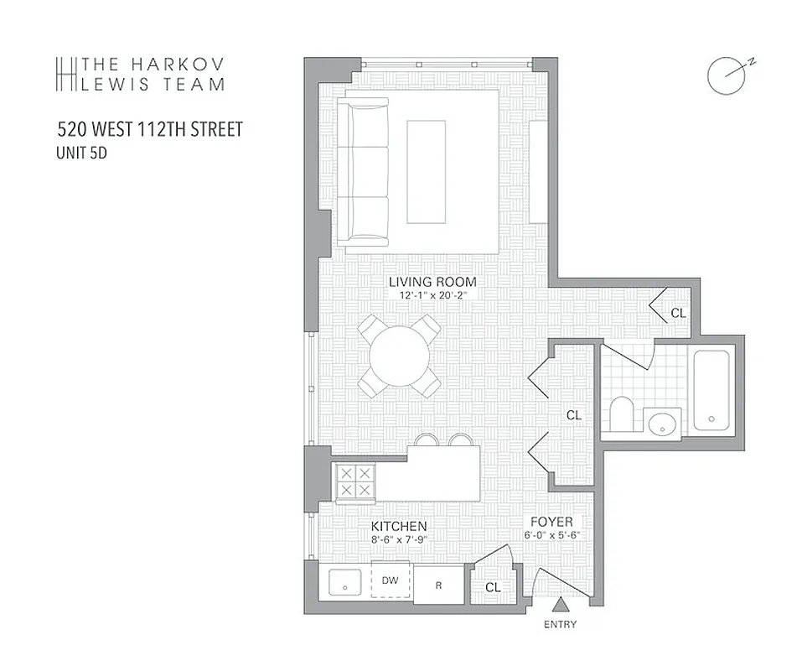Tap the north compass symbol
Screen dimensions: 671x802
pos(726,75)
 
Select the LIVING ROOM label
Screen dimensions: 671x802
pos(432,282)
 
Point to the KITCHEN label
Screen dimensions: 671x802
pos(399,526)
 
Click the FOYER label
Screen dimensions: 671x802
pos(550,523)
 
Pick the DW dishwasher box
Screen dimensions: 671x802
pos(390,580)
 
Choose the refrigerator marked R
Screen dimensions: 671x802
pos(437,585)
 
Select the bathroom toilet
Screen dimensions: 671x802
pos(622,415)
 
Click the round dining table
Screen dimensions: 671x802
pos(400,356)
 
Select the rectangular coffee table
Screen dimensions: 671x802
pos(426,171)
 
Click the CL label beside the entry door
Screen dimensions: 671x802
pos(493,587)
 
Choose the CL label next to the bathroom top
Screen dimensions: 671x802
pos(678,313)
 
